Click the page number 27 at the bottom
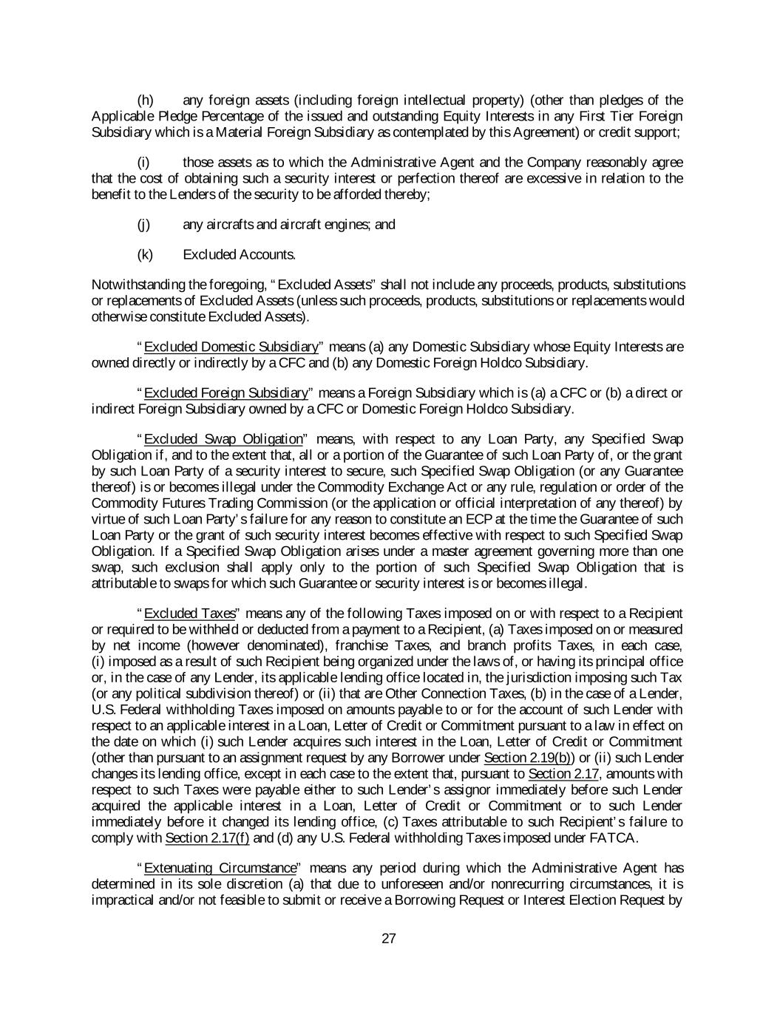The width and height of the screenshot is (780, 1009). [x=389, y=939]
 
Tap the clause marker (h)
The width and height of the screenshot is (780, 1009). [x=146, y=101]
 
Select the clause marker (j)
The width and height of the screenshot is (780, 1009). [x=145, y=225]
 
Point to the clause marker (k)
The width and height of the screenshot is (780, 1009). [x=146, y=255]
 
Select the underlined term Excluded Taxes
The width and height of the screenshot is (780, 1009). [x=190, y=614]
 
